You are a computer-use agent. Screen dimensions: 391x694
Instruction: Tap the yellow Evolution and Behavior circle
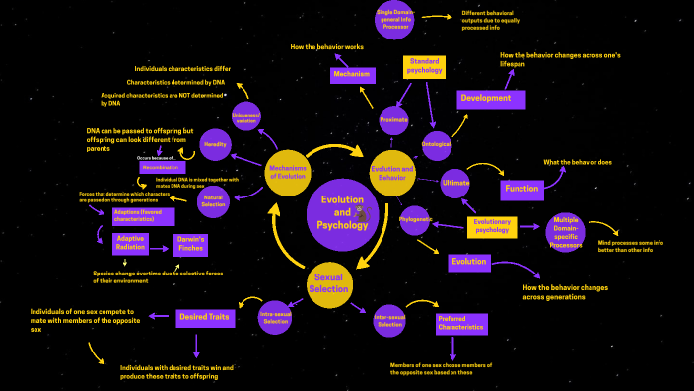point(391,174)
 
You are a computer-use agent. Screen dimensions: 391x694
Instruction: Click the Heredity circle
point(217,144)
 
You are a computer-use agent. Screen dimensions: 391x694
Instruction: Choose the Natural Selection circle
point(214,202)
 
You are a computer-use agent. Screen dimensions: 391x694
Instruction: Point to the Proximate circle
point(393,119)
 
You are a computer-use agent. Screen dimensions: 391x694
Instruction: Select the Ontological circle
point(437,144)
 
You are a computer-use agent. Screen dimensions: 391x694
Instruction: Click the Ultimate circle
point(456,183)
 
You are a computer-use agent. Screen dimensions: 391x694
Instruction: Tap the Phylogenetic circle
point(415,220)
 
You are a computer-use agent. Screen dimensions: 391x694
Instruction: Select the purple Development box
point(491,99)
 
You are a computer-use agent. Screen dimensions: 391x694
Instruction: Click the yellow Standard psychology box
point(425,66)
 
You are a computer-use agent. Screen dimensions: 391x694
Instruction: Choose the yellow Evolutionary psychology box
point(491,227)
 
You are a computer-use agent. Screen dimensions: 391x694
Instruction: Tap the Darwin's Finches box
point(189,244)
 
